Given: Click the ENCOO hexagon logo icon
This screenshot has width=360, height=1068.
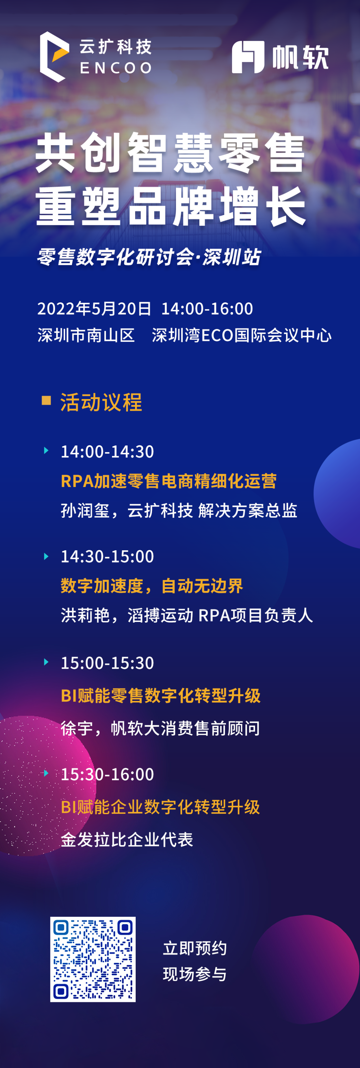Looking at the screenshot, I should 54,57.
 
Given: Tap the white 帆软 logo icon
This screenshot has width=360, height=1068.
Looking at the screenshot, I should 248,57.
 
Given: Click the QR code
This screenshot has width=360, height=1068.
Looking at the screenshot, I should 93,959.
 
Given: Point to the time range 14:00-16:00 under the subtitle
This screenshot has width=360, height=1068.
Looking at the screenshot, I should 207,308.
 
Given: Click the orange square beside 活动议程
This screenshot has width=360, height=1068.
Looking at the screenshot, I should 46,400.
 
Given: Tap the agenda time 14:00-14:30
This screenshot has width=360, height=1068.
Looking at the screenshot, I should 107,451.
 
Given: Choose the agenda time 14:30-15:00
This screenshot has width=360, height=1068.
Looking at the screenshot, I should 107,556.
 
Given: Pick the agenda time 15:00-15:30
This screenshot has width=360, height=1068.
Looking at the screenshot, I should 107,663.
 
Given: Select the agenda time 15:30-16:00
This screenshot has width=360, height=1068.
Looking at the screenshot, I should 107,774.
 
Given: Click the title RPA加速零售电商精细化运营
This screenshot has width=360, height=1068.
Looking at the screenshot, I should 168,481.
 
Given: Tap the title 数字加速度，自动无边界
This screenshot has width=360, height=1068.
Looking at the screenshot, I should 152,586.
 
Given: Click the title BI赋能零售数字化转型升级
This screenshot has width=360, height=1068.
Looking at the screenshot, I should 161,695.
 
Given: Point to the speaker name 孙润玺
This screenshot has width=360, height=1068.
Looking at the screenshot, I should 85,510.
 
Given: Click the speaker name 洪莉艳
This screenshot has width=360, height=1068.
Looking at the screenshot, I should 85,615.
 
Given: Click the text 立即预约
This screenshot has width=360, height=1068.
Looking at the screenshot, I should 195,948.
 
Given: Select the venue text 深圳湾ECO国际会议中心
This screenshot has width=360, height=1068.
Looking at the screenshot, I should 242,335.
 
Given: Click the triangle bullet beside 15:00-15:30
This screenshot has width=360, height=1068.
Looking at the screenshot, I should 46,662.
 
